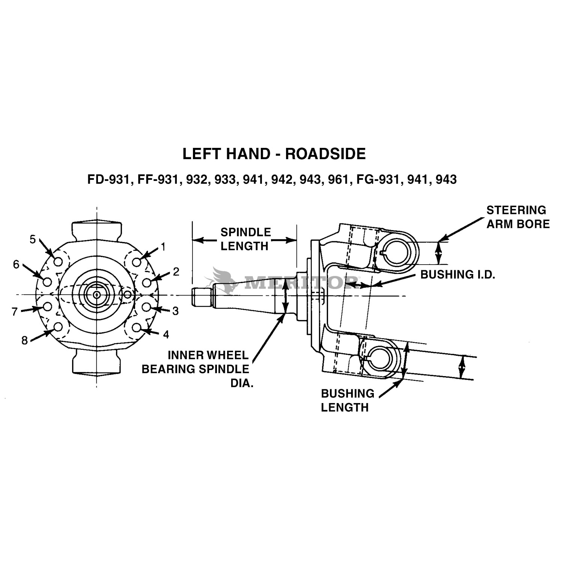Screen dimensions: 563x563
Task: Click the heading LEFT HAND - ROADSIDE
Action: (x=274, y=154)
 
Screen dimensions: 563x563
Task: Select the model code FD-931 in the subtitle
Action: (x=108, y=180)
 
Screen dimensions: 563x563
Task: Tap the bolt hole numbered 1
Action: (x=137, y=262)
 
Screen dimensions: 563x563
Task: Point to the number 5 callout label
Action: (x=33, y=239)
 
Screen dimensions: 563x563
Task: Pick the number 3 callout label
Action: (x=175, y=311)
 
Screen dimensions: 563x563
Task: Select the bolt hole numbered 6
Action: (x=47, y=281)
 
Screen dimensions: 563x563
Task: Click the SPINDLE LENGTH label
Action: (x=245, y=239)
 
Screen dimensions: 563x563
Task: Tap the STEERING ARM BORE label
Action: (x=518, y=217)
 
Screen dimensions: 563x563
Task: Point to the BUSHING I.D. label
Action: (x=458, y=274)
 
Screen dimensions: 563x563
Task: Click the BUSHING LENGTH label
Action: (x=347, y=400)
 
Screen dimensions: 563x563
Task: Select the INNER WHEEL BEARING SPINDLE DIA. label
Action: (x=195, y=369)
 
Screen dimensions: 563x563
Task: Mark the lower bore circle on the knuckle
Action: (x=382, y=357)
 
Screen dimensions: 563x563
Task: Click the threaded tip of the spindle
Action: (x=201, y=296)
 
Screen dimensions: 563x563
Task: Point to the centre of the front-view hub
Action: (x=96, y=295)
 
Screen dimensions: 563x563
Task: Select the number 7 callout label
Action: (x=15, y=312)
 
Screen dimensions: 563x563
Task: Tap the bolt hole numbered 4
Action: (x=137, y=327)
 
